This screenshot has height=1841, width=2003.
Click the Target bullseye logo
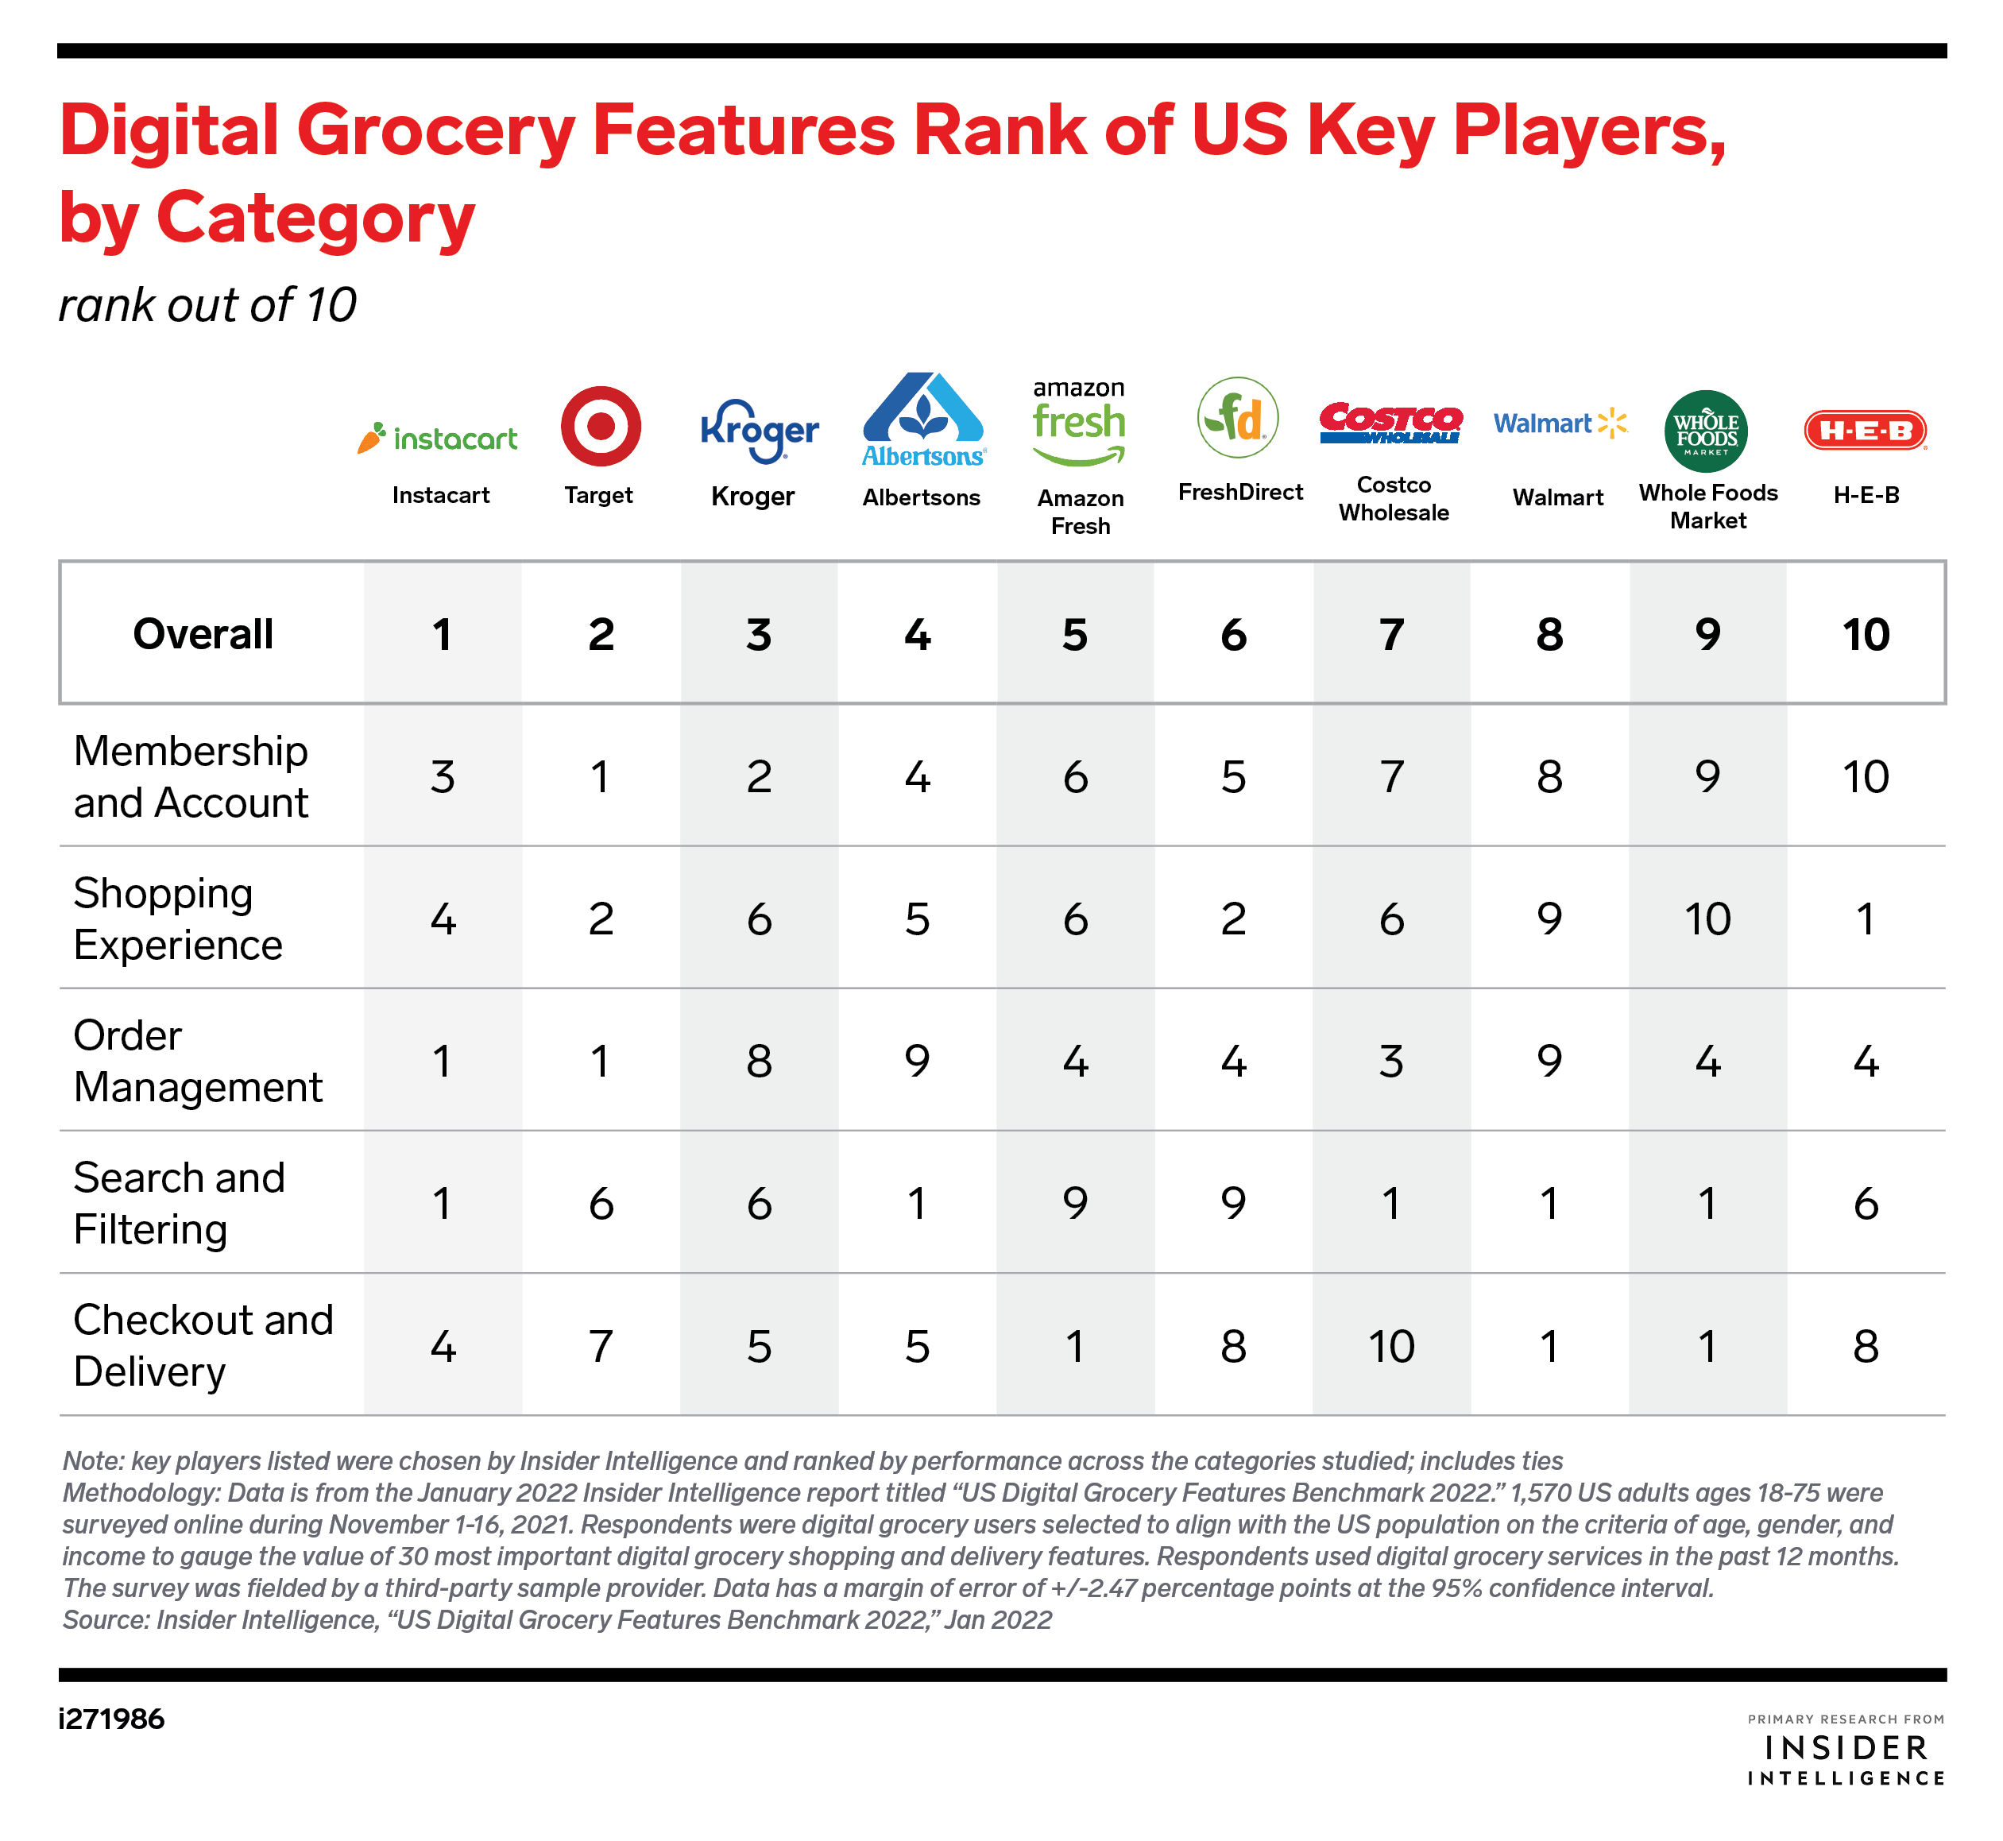tap(600, 427)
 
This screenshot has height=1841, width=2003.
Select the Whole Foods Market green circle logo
tap(1705, 431)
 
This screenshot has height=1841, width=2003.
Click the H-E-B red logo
tap(1865, 431)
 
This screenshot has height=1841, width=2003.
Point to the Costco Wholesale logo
tap(1390, 424)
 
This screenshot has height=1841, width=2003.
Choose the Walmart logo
tap(1559, 424)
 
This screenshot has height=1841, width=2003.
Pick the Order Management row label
tap(197, 1061)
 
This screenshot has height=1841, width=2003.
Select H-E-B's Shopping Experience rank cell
tap(1865, 919)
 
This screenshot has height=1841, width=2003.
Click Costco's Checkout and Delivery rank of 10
tap(1390, 1347)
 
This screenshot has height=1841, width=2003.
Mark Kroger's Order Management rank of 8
tap(759, 1061)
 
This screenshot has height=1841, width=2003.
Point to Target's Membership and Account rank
tap(600, 777)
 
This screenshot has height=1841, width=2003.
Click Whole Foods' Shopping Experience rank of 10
tap(1707, 919)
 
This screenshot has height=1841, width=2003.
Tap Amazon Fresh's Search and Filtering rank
tap(1075, 1204)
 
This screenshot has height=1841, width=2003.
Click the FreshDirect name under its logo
tap(1240, 492)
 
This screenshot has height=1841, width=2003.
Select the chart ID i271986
tap(111, 1719)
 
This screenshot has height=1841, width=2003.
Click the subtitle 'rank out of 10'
tap(207, 305)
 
